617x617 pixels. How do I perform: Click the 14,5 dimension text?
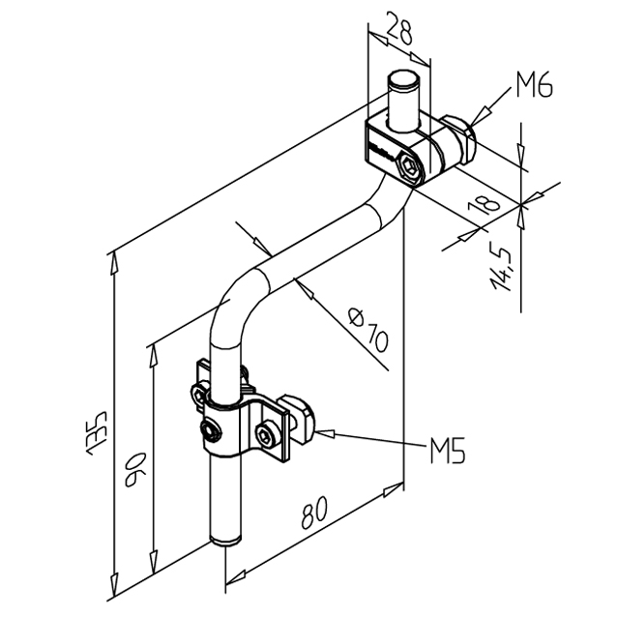(500, 268)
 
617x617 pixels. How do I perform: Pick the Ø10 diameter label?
(367, 329)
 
